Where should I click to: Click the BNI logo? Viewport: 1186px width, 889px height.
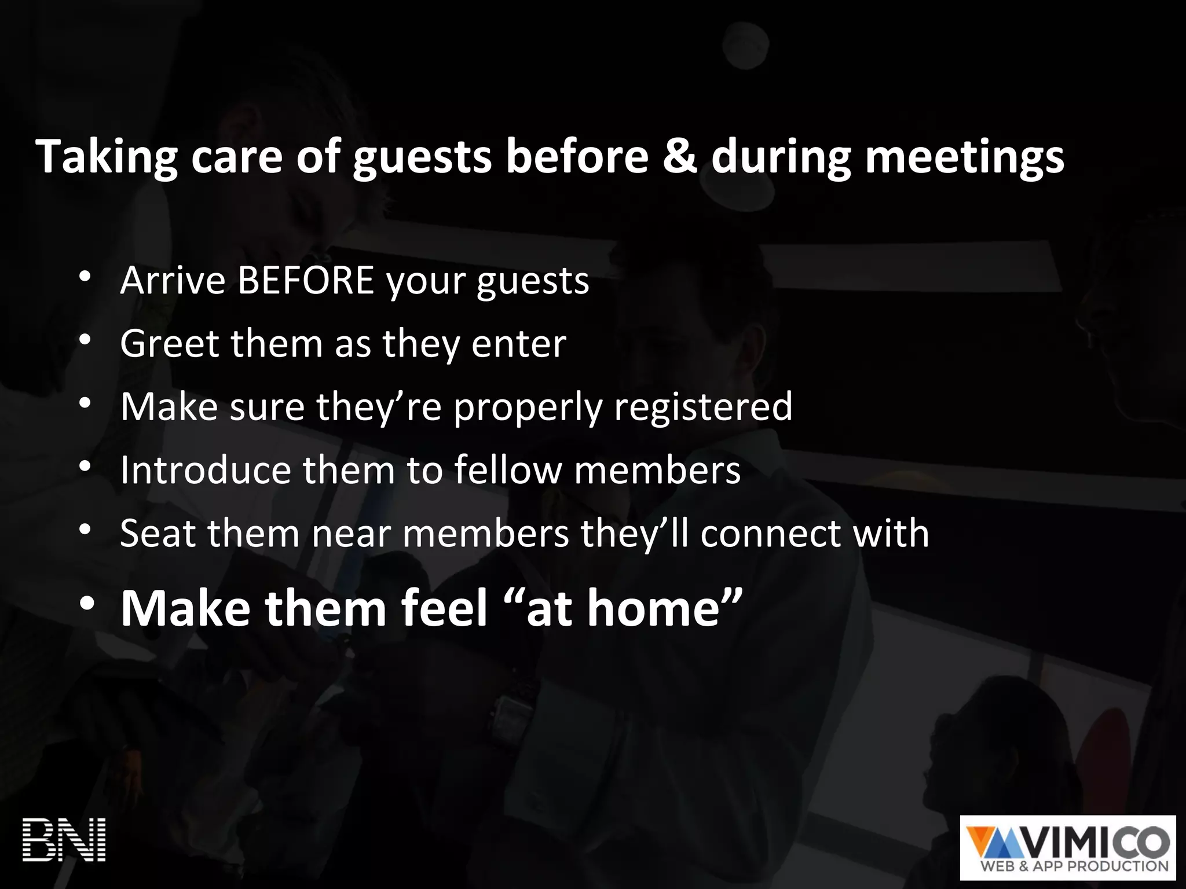pos(64,840)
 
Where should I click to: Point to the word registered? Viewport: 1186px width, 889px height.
pos(702,407)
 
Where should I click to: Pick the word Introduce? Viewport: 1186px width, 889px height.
pos(205,469)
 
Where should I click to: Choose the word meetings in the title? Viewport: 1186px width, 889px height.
pos(964,157)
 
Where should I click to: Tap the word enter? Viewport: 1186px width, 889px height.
pos(518,344)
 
